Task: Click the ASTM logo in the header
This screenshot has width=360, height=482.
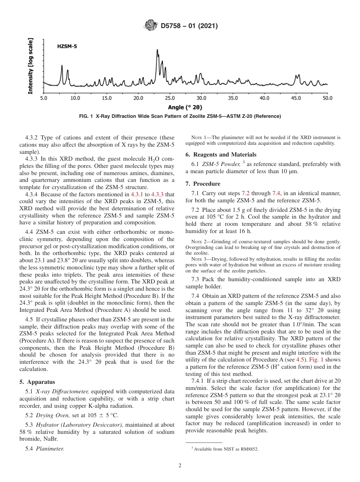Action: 150,26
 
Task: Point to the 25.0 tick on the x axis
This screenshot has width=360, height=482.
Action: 170,98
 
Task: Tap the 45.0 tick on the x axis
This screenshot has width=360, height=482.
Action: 296,98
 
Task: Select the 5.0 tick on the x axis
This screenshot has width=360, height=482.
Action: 44,98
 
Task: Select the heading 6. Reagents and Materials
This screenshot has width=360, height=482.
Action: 221,155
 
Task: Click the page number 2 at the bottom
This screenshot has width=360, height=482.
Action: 180,466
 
